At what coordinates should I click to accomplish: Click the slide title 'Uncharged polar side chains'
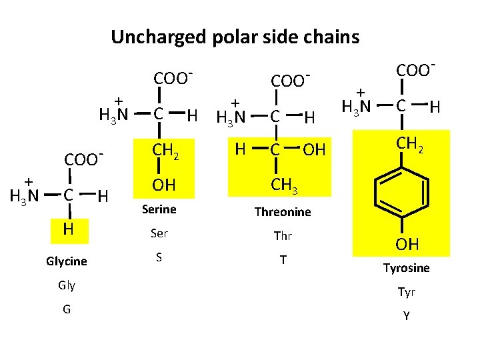(x=235, y=37)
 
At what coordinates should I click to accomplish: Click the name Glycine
(x=67, y=261)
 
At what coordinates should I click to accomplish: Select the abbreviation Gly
(x=67, y=285)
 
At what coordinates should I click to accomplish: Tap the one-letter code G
(x=67, y=309)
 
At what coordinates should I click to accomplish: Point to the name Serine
(x=159, y=210)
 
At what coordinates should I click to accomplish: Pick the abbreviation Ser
(x=159, y=234)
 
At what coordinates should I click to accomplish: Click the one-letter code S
(x=159, y=257)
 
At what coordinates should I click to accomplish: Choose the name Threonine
(x=283, y=212)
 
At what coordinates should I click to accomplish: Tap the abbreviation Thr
(x=283, y=236)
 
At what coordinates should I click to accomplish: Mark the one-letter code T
(x=283, y=259)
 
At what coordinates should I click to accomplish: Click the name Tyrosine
(x=406, y=268)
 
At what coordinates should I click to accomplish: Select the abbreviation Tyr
(x=406, y=292)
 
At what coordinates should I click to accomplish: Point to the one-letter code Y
(x=406, y=316)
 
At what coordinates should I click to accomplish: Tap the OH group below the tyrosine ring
(x=407, y=245)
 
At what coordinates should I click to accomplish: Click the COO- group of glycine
(x=83, y=161)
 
